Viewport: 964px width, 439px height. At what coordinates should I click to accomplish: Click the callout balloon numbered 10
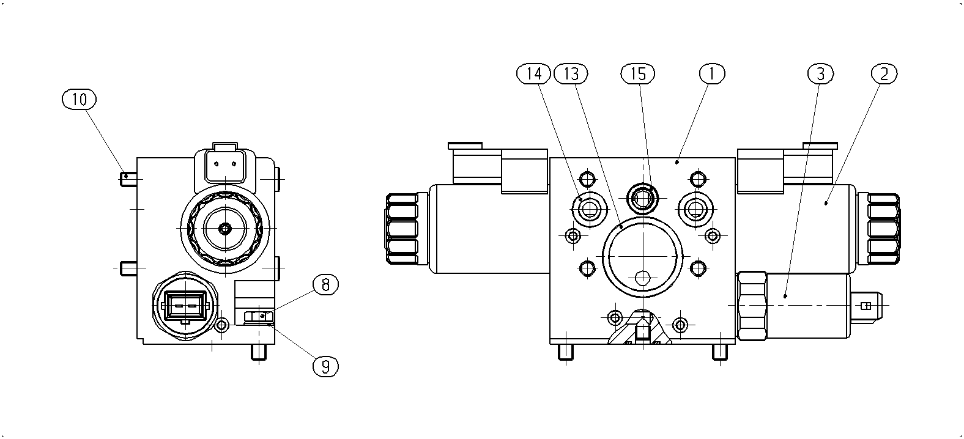pos(79,99)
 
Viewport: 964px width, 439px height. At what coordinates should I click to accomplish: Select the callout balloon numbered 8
pos(325,285)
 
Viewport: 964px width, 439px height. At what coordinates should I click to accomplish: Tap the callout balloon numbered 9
pos(325,367)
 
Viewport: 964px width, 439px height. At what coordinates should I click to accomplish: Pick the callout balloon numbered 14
pos(533,74)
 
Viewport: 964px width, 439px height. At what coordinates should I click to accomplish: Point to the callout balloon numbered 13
pos(571,74)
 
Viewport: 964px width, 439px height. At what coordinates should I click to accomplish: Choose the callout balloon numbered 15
pos(638,74)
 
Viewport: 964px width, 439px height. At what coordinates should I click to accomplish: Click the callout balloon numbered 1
pos(712,74)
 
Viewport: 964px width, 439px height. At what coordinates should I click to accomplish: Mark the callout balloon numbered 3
pos(820,74)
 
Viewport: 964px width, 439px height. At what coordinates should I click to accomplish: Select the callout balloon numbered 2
pos(884,74)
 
